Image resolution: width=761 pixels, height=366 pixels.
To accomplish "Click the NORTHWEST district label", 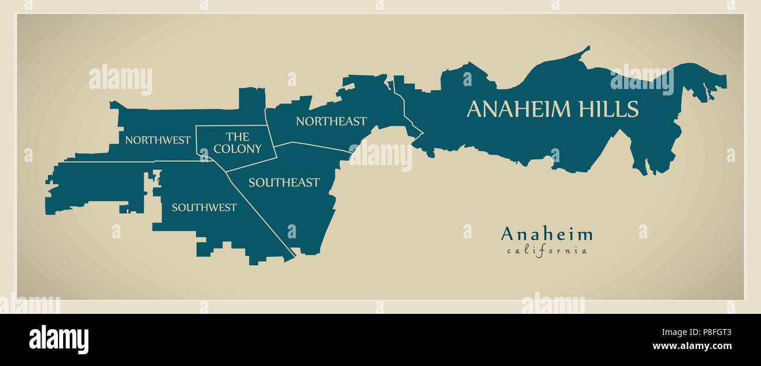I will [157, 140].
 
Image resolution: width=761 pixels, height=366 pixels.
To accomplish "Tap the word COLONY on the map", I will [237, 149].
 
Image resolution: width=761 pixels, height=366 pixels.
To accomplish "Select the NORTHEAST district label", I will [331, 121].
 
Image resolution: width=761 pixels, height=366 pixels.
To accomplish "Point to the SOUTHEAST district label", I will [284, 183].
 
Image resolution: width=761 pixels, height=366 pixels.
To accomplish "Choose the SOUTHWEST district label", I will [204, 207].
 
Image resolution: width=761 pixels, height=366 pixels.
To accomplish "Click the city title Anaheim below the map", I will [547, 235].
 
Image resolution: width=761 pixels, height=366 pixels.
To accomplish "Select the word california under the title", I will [547, 251].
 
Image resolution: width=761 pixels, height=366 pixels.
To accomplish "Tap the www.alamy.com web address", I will [700, 346].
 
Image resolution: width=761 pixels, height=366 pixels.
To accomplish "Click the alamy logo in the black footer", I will [59, 340].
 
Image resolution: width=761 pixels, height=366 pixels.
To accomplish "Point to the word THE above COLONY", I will [237, 137].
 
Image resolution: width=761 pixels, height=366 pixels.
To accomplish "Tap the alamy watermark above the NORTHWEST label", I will [121, 80].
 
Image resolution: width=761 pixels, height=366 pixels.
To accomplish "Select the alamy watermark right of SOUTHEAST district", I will [380, 155].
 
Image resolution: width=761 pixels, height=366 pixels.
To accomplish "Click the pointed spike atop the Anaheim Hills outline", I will [587, 48].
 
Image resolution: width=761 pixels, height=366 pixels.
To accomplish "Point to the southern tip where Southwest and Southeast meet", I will [293, 258].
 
